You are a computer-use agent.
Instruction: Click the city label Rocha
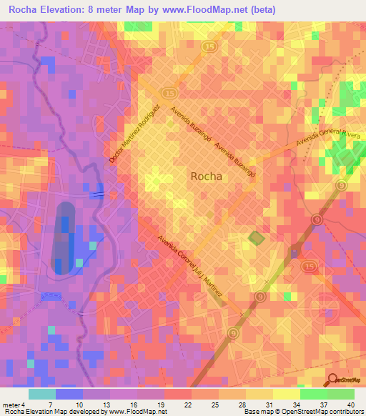[x=205, y=176]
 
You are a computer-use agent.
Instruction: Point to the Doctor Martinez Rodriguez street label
[x=134, y=133]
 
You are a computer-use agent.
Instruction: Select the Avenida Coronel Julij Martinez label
[x=195, y=266]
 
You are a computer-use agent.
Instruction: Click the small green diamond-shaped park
[x=255, y=237]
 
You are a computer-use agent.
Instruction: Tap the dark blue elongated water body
[x=65, y=237]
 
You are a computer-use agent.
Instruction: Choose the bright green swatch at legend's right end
[x=341, y=394]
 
